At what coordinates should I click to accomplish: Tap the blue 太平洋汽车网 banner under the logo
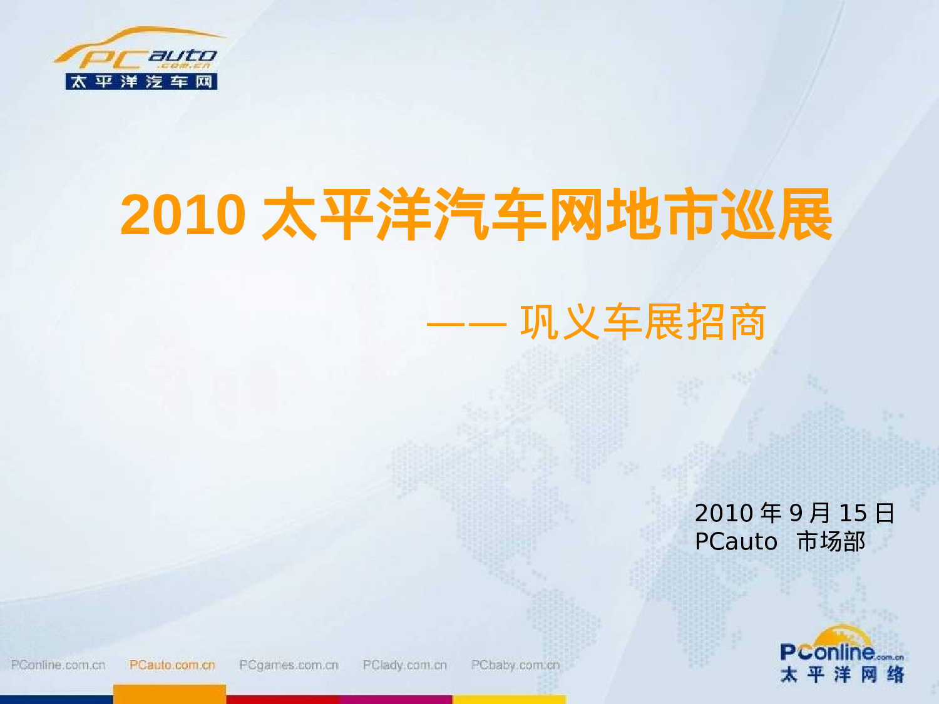tap(141, 82)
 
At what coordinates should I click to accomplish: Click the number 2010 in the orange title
tap(182, 215)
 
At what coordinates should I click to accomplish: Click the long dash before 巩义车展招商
tap(466, 324)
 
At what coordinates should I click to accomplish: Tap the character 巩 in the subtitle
tap(540, 323)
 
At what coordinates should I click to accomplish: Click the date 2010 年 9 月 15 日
tap(794, 513)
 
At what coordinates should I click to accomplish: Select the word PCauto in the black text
tap(736, 542)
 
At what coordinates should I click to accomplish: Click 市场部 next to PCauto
tap(831, 542)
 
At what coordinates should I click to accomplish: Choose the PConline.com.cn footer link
tap(58, 665)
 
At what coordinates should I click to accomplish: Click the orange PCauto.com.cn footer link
tap(172, 665)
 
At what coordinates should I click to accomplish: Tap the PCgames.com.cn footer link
tap(289, 665)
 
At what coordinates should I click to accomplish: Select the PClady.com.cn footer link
tap(405, 665)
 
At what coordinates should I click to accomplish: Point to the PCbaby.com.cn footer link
tap(515, 665)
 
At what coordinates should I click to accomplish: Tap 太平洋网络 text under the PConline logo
tap(842, 675)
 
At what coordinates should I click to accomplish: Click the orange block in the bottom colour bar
tap(169, 694)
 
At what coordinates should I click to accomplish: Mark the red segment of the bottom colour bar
tap(282, 699)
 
